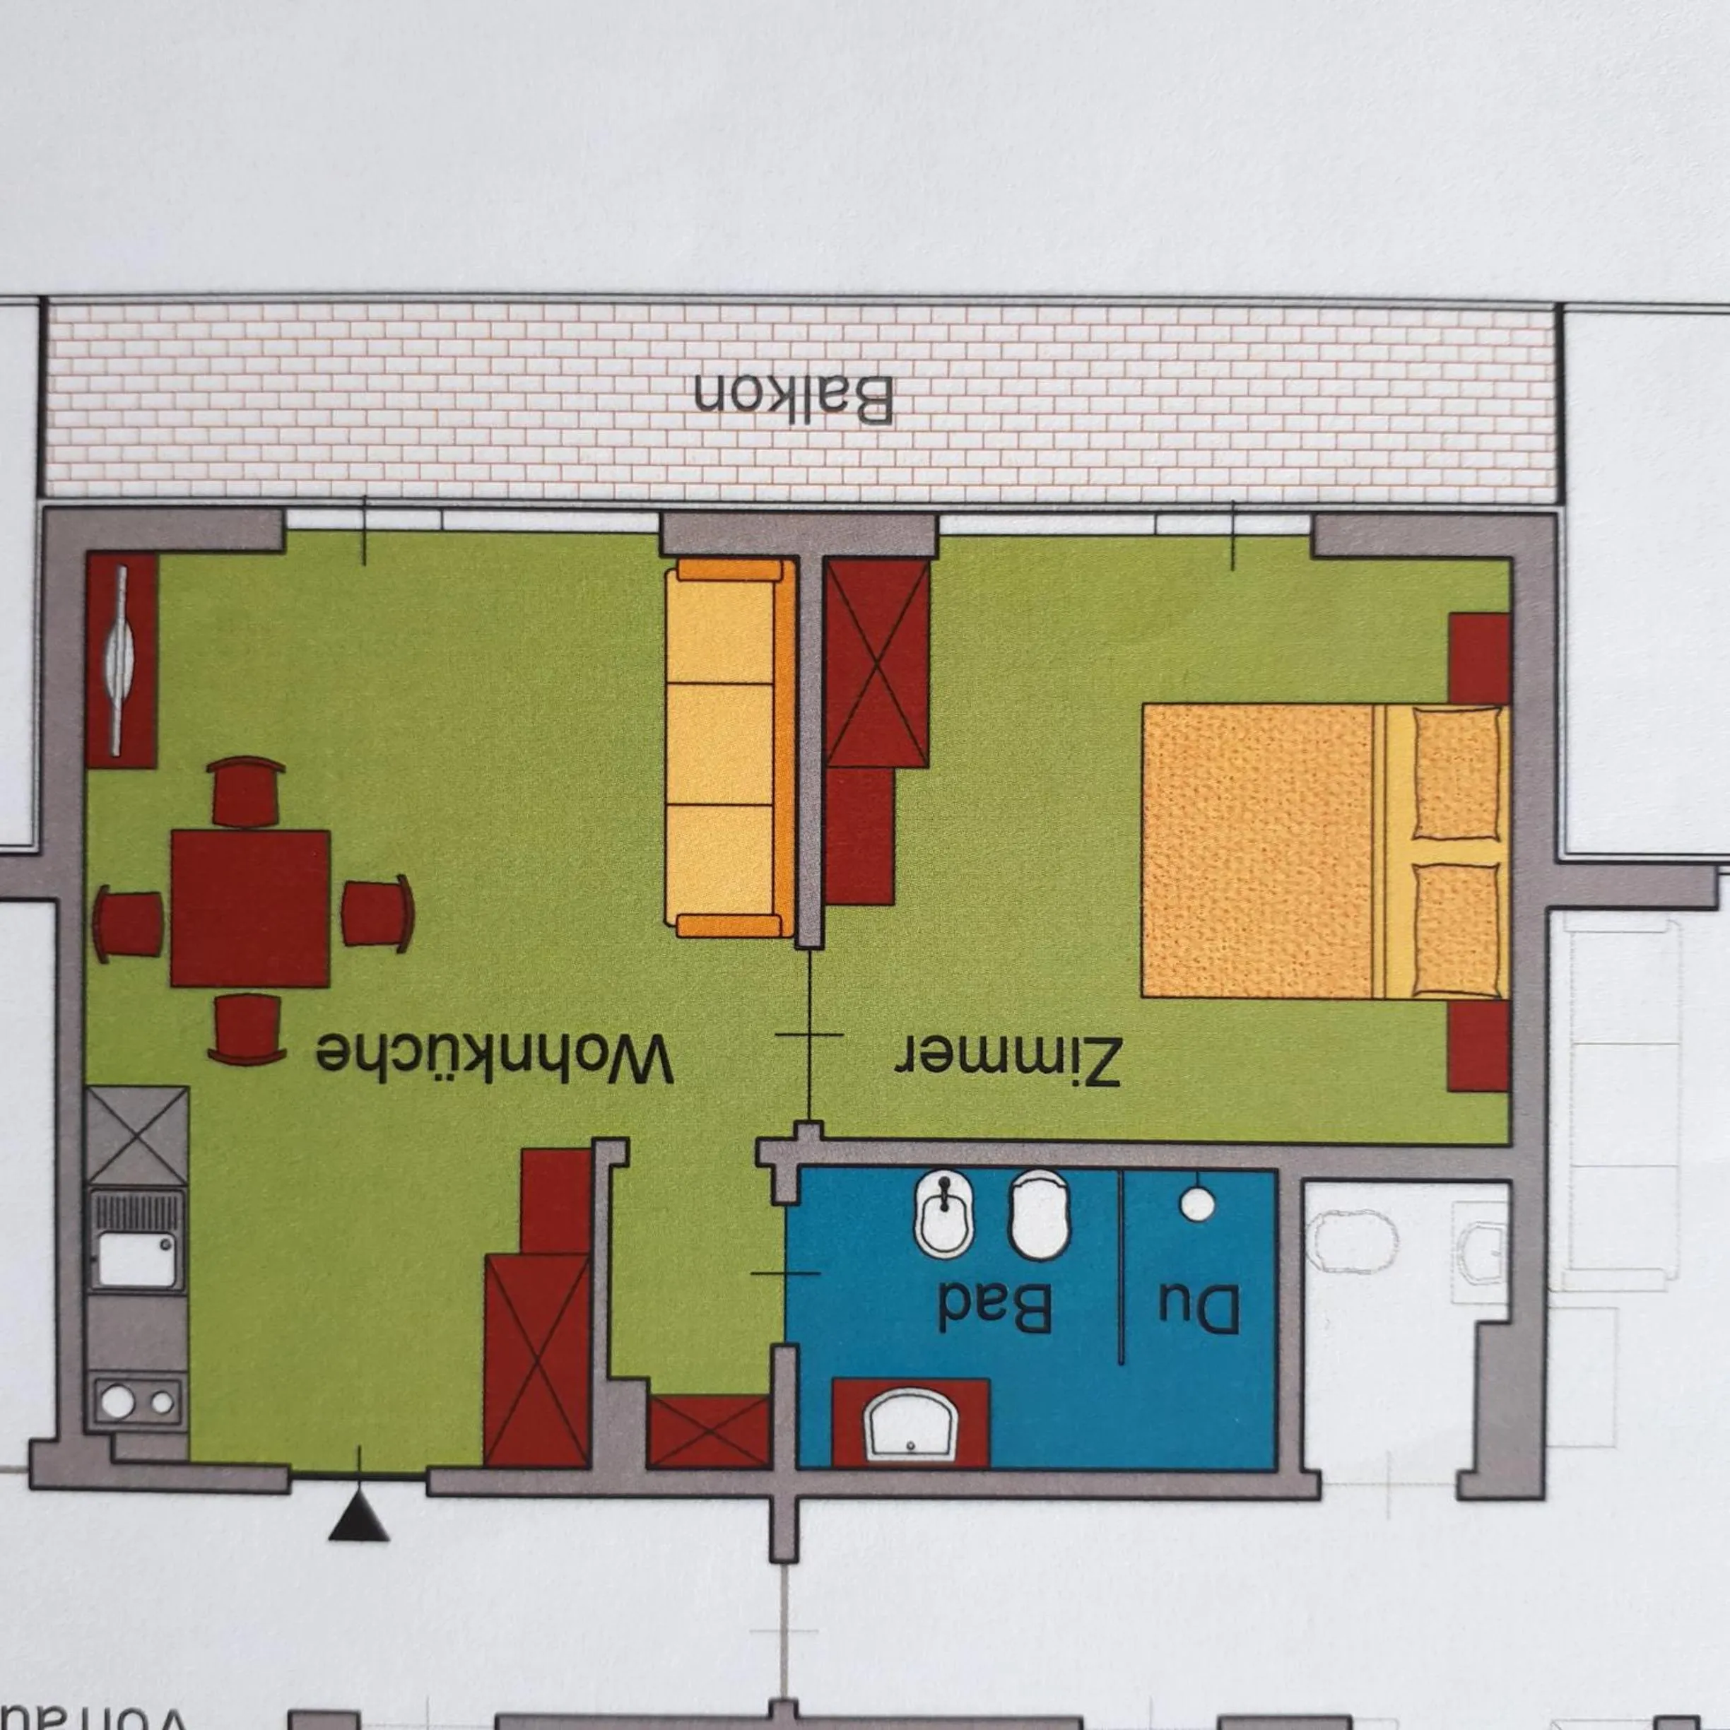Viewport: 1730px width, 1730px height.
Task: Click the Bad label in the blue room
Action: coord(994,1308)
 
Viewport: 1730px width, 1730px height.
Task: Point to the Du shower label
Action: coord(1199,1309)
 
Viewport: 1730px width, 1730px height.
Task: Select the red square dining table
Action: coord(251,908)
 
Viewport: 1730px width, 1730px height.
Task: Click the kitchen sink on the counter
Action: coord(136,1241)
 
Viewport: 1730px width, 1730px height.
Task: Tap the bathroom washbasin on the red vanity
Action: coord(910,1425)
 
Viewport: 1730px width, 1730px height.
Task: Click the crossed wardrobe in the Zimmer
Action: coord(876,663)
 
